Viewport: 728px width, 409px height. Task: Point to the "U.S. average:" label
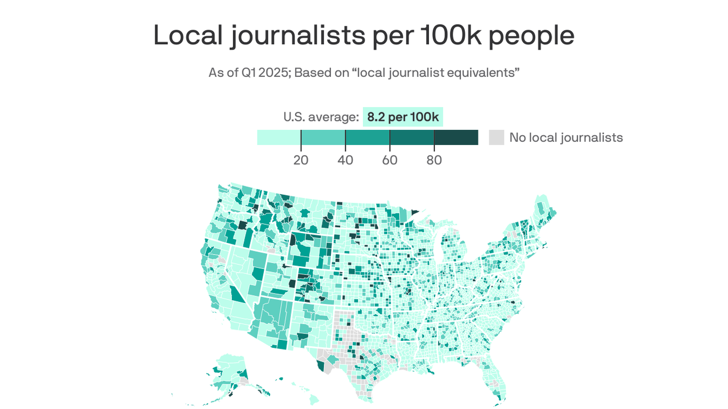click(321, 117)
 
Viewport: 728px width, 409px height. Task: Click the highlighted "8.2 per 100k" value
click(403, 117)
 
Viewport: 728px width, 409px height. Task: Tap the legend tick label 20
click(301, 160)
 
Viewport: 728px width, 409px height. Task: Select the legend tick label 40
click(345, 160)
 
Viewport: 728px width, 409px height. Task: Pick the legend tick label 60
click(390, 160)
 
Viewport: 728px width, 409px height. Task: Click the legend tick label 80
click(434, 160)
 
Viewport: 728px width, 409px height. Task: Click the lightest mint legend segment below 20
click(279, 137)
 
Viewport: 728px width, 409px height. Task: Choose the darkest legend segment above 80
click(456, 137)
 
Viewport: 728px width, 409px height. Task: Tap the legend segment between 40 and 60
click(367, 137)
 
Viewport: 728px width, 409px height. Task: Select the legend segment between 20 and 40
click(323, 137)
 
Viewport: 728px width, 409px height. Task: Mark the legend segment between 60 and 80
click(411, 137)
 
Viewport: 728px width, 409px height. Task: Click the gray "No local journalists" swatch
click(496, 137)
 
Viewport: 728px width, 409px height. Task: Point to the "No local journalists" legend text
click(566, 137)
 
